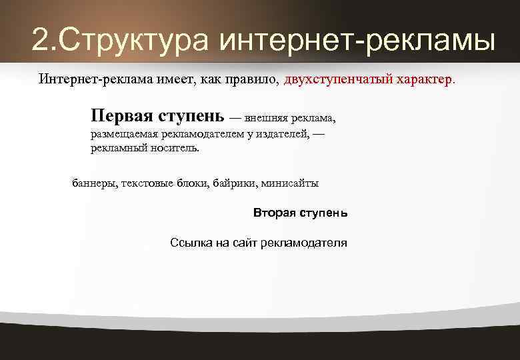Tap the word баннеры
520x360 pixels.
pyautogui.click(x=93, y=183)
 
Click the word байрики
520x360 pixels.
pyautogui.click(x=235, y=183)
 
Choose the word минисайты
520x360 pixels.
pyautogui.click(x=290, y=183)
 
